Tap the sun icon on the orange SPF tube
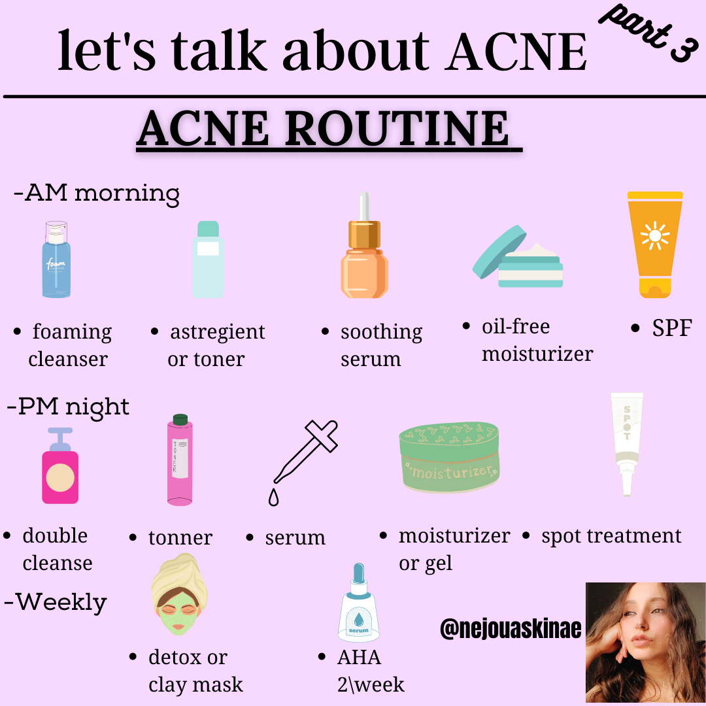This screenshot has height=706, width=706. pos(655,235)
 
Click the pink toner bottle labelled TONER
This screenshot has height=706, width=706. pos(180,460)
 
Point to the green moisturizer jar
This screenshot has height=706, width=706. pos(449,456)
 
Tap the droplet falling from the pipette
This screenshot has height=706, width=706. pos(273,497)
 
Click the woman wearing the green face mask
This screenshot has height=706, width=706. pos(179,594)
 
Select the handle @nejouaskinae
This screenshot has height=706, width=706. pos(511,628)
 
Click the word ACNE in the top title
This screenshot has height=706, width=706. pos(516,52)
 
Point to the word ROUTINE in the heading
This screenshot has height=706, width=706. pos(397,128)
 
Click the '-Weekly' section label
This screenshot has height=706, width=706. pos(56,602)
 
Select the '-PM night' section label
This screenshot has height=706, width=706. pos(68,407)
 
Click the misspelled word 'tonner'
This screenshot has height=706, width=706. pos(180,537)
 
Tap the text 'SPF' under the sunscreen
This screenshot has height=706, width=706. pos(672,328)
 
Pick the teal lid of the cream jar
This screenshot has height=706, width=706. pos(499,252)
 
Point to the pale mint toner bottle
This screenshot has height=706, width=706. pos(208,260)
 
